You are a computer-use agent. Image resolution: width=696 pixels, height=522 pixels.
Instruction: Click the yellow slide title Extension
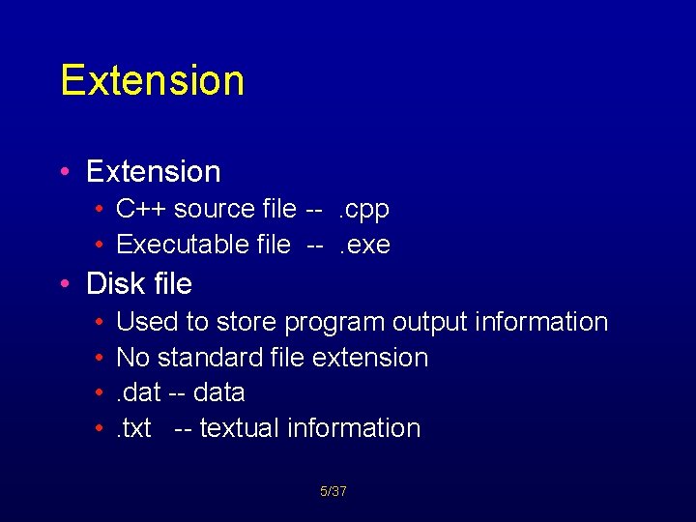(x=152, y=80)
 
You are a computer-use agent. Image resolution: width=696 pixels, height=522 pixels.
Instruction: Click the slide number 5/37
(x=333, y=492)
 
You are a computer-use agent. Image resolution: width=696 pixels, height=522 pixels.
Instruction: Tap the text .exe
(x=363, y=245)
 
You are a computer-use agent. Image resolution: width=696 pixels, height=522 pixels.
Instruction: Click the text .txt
(x=133, y=428)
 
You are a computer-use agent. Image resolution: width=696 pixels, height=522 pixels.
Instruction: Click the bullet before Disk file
(x=64, y=284)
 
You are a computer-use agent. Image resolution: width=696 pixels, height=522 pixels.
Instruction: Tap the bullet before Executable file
(x=101, y=245)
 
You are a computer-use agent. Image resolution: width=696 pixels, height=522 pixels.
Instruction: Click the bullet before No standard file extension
(x=101, y=358)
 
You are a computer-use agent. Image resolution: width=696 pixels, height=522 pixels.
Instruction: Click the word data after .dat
(x=219, y=393)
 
